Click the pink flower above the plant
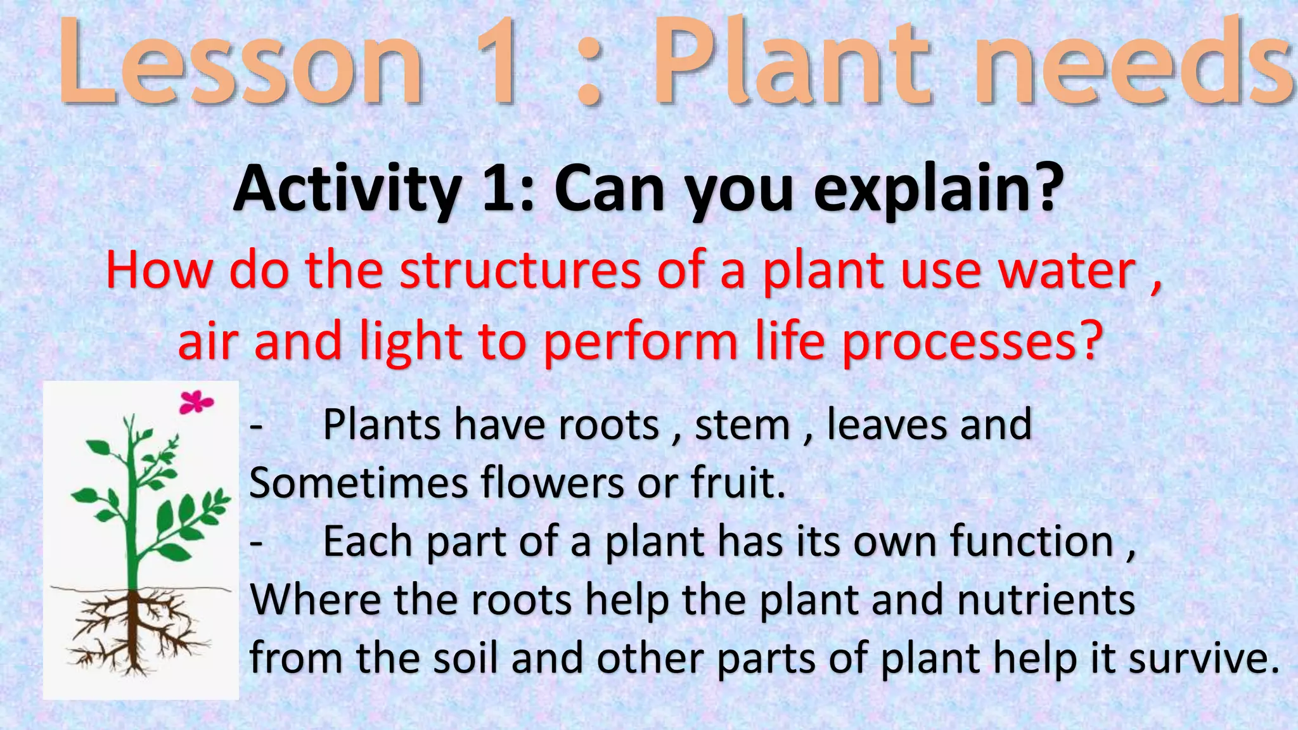point(195,402)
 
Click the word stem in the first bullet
point(742,425)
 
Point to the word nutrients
point(1046,599)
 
